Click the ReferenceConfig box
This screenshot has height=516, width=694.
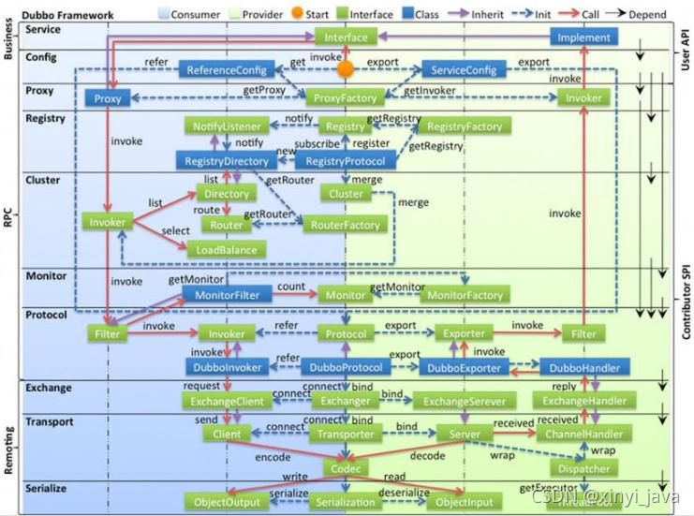pos(229,70)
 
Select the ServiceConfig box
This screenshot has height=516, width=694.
pos(463,70)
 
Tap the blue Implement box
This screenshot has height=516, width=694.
pos(583,37)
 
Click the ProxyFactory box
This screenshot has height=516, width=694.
pos(346,97)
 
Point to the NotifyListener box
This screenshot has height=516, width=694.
pos(228,126)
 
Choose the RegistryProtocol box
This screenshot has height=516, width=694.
pos(346,161)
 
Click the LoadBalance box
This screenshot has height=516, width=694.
pos(227,249)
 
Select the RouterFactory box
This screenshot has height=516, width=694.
pos(345,225)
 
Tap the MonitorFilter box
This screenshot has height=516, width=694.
pos(228,294)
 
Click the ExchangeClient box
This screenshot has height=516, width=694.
pos(228,401)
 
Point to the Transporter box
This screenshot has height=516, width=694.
pos(346,434)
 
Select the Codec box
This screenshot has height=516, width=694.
pos(346,467)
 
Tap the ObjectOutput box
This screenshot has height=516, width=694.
pos(227,502)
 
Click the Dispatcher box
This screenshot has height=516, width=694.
pos(583,468)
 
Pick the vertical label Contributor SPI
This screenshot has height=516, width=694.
pos(686,301)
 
